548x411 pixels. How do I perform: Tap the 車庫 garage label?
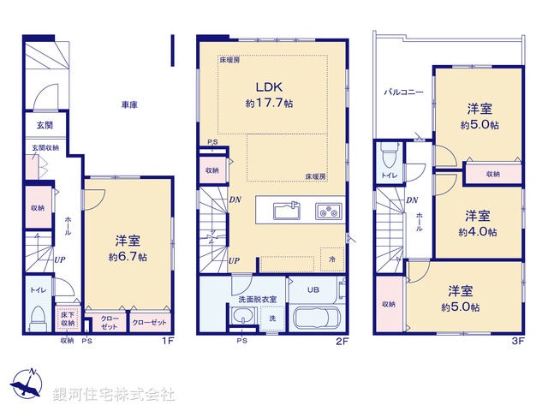point(129,104)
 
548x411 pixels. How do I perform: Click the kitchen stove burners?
point(327,210)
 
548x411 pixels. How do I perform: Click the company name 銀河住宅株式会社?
point(113,395)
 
